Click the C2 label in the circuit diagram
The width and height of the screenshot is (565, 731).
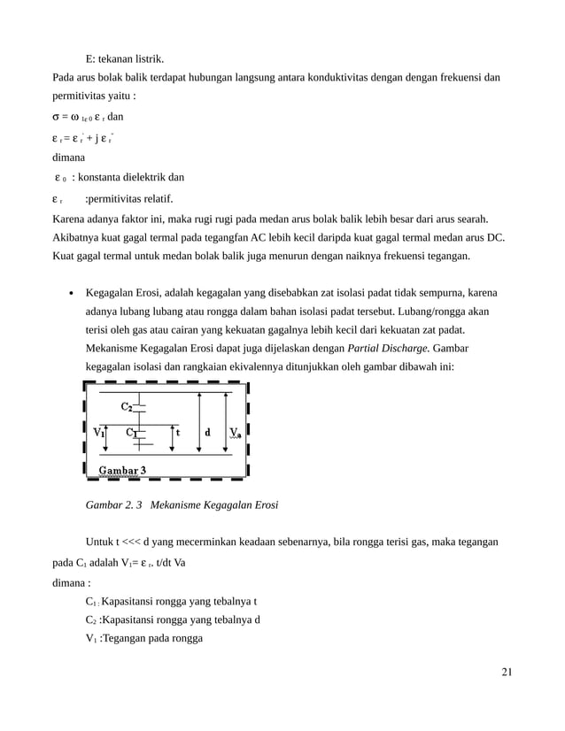(128, 407)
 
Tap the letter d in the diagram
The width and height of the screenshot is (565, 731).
(207, 433)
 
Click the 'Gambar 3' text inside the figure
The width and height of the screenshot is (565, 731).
(122, 469)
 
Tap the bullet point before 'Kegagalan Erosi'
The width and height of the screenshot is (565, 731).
(70, 293)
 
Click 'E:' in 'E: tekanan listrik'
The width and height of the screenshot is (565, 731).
(91, 59)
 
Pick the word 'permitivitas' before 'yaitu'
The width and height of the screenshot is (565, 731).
(81, 96)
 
